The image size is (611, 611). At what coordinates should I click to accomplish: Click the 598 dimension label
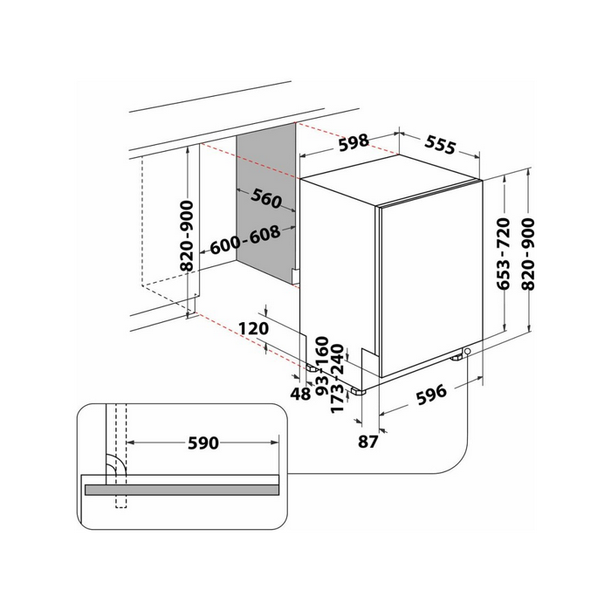[354, 142]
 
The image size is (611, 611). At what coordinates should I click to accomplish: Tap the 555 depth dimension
[440, 145]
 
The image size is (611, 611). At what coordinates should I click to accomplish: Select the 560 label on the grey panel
[266, 198]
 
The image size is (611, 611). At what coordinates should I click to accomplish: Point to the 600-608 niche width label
[245, 239]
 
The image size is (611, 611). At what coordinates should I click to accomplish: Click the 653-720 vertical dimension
[503, 254]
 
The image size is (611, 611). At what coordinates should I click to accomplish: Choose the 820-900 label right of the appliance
[528, 254]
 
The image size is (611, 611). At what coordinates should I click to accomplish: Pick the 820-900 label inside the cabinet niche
[187, 236]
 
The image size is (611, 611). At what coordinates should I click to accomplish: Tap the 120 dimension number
[254, 328]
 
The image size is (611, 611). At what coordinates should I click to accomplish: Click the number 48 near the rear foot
[300, 394]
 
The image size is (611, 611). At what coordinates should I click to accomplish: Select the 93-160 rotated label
[322, 366]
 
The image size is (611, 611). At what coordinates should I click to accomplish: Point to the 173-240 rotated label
[338, 378]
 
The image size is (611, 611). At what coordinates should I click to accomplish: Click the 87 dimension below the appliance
[367, 442]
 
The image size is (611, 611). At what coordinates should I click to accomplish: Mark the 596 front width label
[431, 395]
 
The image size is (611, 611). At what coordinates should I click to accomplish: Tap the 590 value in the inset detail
[203, 443]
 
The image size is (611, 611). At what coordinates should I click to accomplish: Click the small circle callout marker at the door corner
[468, 352]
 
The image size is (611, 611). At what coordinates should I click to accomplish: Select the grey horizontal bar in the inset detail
[182, 490]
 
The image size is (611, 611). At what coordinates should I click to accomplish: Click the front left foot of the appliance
[358, 391]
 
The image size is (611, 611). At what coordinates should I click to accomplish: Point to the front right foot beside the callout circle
[457, 356]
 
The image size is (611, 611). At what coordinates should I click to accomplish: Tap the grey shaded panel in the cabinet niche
[265, 203]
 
